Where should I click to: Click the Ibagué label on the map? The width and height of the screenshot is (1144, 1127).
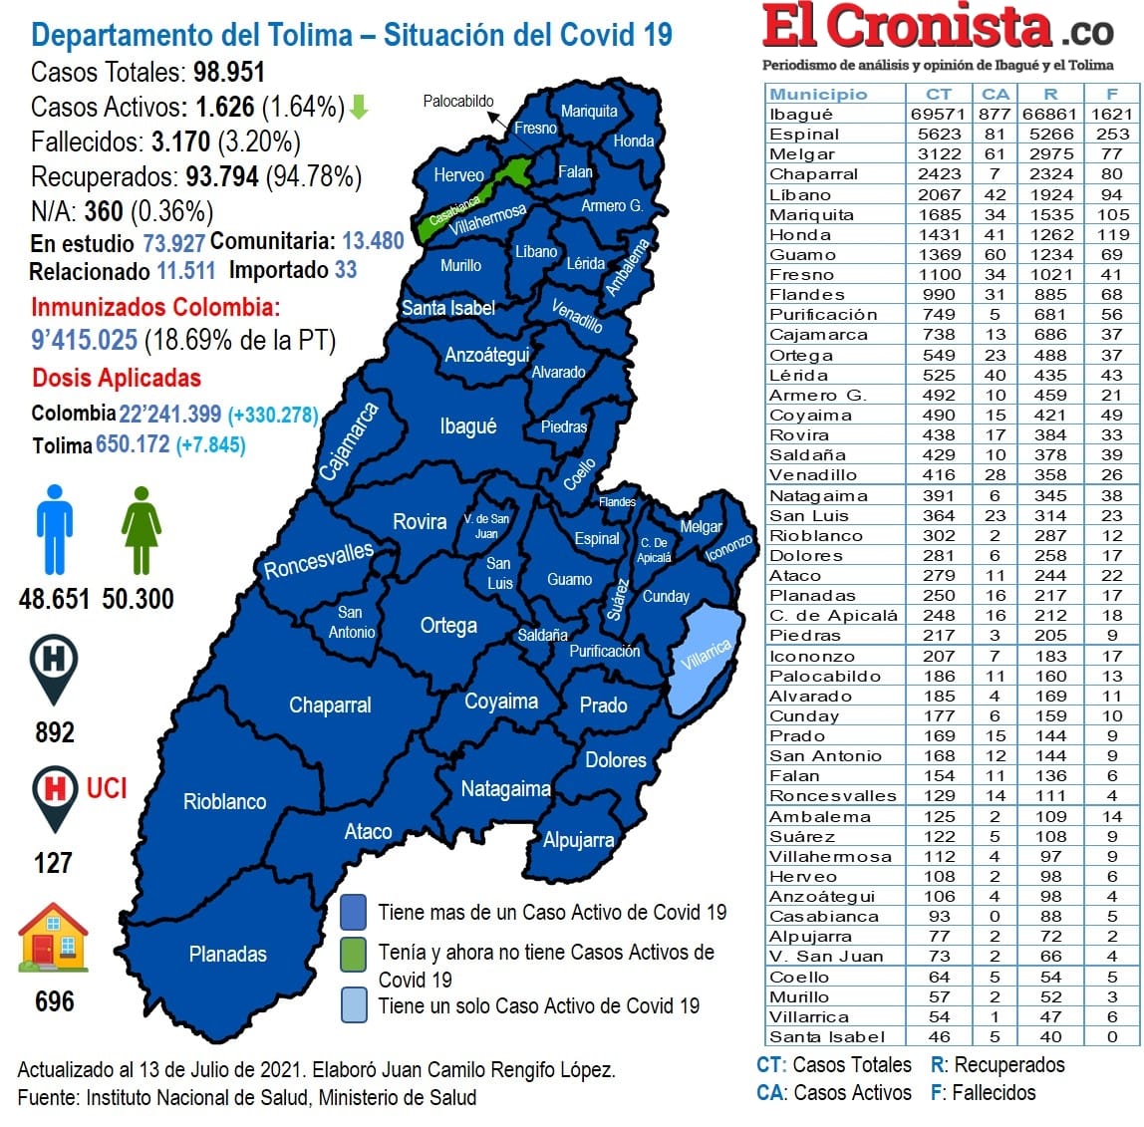(467, 426)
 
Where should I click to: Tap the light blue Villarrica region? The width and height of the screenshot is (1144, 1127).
(706, 657)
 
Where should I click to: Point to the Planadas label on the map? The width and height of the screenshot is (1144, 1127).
(227, 954)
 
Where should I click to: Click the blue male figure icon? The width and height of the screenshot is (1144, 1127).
(54, 529)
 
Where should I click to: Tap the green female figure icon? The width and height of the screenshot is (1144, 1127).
(141, 529)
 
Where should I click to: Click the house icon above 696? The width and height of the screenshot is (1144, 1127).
(54, 938)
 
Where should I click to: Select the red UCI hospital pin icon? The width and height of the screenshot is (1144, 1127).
(54, 795)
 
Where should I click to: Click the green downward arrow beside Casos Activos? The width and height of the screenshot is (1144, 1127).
(360, 107)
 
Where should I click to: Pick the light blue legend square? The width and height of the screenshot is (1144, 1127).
(353, 1005)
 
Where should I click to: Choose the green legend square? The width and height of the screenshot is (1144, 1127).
(353, 954)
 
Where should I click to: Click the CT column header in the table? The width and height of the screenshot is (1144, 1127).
(938, 94)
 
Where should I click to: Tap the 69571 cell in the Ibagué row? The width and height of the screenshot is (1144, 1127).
(938, 114)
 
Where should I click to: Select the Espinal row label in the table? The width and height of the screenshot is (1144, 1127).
(804, 134)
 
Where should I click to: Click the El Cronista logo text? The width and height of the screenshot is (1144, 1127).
(907, 28)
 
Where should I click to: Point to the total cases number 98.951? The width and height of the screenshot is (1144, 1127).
(229, 73)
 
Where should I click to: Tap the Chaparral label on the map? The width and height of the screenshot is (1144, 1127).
(330, 704)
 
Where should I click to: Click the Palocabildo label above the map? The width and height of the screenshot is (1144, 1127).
(457, 101)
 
